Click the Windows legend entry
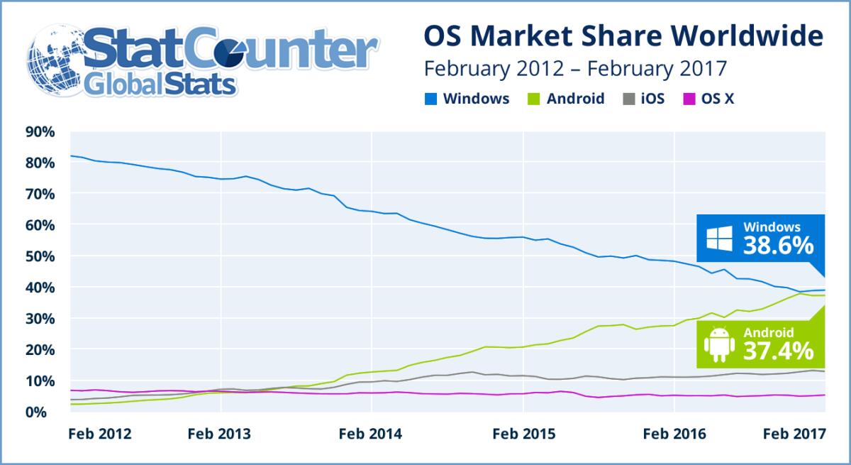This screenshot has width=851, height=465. coord(468,99)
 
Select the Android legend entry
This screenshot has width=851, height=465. coord(567,99)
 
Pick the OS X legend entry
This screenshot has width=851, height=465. coord(709,99)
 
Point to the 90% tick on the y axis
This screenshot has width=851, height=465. coord(40,131)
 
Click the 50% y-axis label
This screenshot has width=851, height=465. coord(40,256)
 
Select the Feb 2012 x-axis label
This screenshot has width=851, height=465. coord(100,433)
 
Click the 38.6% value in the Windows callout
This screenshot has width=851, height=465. coord(778,246)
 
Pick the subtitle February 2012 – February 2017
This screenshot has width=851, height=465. coord(575,69)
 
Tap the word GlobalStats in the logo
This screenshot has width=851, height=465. coord(159,85)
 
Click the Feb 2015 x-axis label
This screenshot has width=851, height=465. coord(523,433)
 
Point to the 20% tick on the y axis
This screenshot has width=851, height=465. coord(40,349)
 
